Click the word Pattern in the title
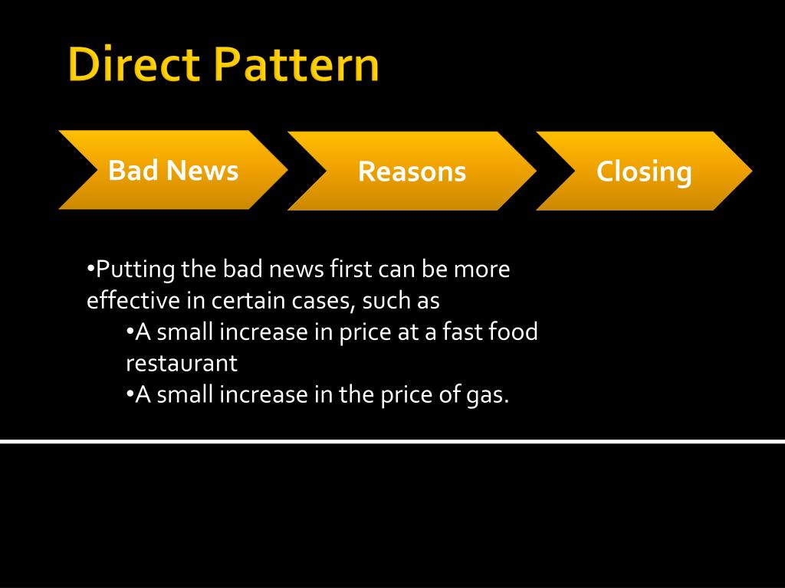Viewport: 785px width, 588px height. click(x=297, y=66)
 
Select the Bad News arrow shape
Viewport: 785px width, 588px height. click(x=173, y=170)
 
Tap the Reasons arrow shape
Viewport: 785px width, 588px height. click(x=412, y=171)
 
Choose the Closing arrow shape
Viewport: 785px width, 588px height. click(x=644, y=171)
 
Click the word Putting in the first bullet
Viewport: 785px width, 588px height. click(x=136, y=270)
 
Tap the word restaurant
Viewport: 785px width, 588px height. click(x=182, y=362)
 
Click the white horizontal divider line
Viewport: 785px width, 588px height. click(x=392, y=441)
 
